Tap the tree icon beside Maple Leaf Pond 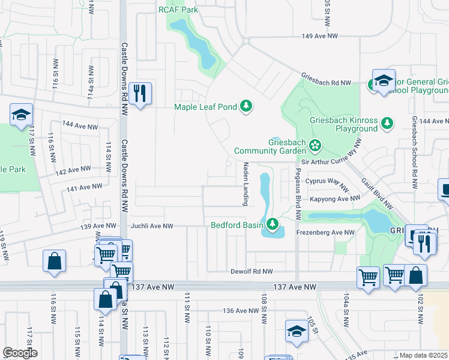coord(246,106)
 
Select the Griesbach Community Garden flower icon coord(315,145)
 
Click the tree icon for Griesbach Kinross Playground coord(387,124)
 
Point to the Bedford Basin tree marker coord(273,225)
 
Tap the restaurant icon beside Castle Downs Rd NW coord(140,93)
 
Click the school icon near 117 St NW coord(21,115)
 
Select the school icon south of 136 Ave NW coord(296,332)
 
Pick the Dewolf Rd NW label coord(252,272)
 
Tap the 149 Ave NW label coord(318,37)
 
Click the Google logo coord(19,353)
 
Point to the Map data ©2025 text coord(423,355)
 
